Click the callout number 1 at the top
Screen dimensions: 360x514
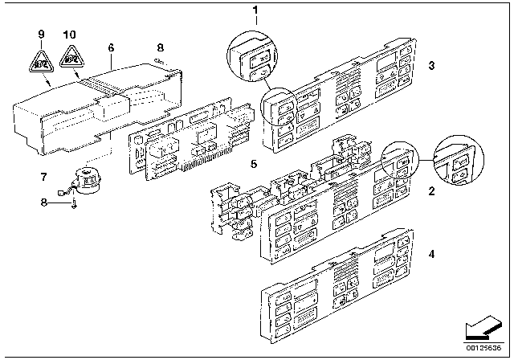pyautogui.click(x=256, y=11)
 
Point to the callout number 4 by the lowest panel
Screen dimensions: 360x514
pyautogui.click(x=431, y=254)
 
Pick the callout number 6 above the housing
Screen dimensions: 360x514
pyautogui.click(x=110, y=48)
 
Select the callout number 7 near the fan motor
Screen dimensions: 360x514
pyautogui.click(x=44, y=176)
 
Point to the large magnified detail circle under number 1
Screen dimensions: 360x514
pyautogui.click(x=256, y=54)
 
